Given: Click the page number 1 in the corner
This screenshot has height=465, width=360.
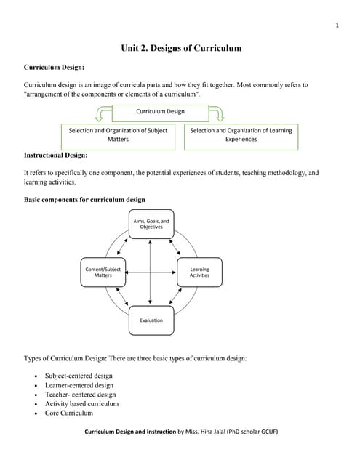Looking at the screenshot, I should coord(337,26).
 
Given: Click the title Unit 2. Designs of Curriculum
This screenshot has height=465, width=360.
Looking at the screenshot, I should coord(180,49).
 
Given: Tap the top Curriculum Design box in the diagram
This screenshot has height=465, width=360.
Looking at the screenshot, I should coord(160,112).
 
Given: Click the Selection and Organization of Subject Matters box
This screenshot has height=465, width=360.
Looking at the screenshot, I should coord(118,135).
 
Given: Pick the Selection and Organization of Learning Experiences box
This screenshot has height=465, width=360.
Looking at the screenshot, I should coord(240,135).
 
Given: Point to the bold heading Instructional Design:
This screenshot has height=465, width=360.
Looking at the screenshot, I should coord(56,155).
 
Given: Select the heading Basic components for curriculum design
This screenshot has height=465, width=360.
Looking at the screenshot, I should coord(84,200).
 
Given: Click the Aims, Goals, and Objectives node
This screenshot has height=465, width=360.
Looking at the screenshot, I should coord(151,225).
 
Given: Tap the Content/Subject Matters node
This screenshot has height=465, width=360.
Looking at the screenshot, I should coord(103,272).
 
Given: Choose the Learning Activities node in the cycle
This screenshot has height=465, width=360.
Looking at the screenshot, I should coord(199,272).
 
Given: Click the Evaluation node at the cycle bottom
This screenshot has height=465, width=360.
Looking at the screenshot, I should coord(151,320).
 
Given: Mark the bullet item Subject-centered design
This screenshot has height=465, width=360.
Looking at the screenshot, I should coord(79,376).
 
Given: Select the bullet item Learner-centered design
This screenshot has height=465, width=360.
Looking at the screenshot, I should coord(79,385).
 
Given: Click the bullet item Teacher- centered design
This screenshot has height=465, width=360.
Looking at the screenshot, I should coord(80,395).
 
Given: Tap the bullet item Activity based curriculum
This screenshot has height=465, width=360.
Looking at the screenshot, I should coord(81,404).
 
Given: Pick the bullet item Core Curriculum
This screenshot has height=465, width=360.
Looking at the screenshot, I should coord(69,413).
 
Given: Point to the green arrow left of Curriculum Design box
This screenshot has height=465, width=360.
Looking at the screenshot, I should coord(103,113).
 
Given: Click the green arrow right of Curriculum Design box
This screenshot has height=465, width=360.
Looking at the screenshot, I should coord(217,113).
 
